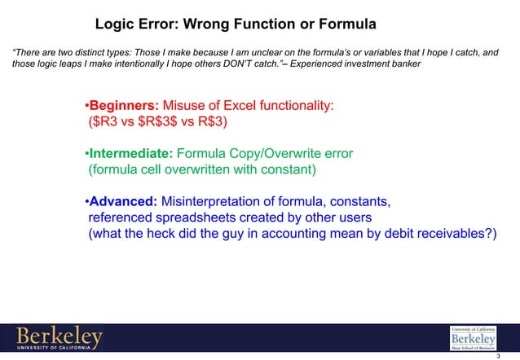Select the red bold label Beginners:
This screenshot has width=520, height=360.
[x=124, y=107]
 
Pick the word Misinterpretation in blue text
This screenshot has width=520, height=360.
[x=215, y=201]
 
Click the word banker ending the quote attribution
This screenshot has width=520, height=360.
[x=404, y=65]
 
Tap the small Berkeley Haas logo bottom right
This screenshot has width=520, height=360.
[x=472, y=336]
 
